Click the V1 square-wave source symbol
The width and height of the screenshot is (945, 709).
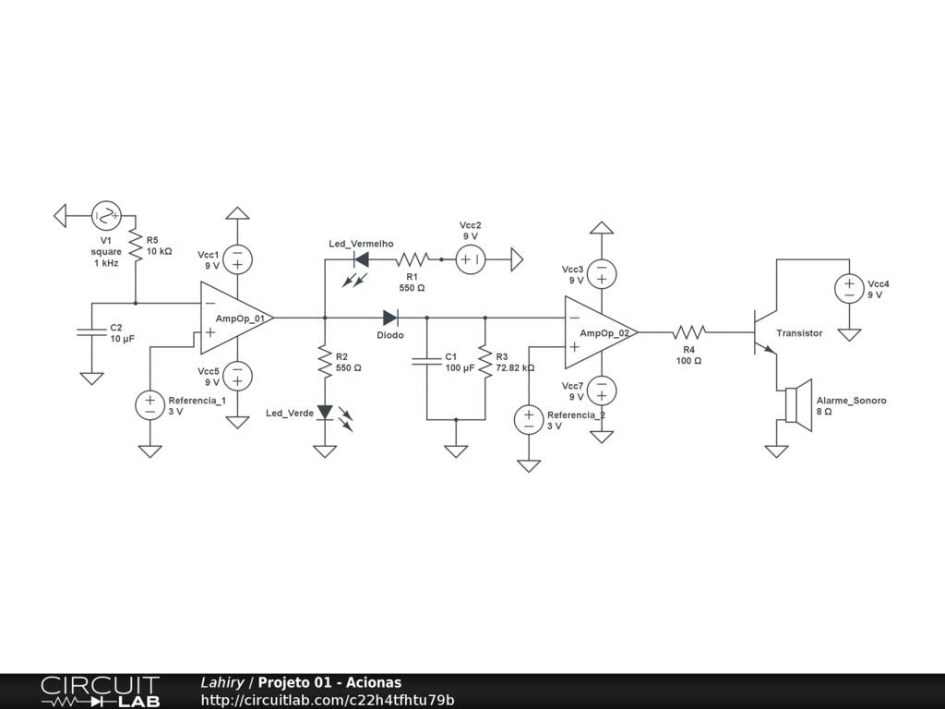coord(107,216)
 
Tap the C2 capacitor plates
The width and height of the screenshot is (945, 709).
coord(91,332)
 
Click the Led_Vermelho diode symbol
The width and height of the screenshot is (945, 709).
coord(361,259)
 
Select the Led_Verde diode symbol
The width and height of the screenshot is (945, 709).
coord(325,413)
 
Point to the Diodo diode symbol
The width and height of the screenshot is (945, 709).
coord(390,318)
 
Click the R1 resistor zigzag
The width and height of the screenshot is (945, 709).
coord(413,259)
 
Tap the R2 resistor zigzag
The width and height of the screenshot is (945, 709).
coord(325,362)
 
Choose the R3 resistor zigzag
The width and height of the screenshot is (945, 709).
coord(485,362)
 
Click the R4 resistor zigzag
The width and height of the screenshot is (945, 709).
coord(688,332)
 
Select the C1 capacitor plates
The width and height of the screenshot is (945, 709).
coord(426,361)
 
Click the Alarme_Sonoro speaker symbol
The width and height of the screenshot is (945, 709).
coord(798,405)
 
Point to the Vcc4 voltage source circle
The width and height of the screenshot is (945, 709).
coord(849,289)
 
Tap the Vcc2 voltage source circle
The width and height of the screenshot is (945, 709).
coord(471,259)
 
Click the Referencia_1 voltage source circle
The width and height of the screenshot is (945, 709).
coord(150,405)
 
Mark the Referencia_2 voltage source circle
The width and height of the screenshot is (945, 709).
coord(529,420)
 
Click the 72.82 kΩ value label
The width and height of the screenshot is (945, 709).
coord(515,367)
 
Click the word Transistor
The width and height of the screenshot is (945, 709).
coord(799,332)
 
